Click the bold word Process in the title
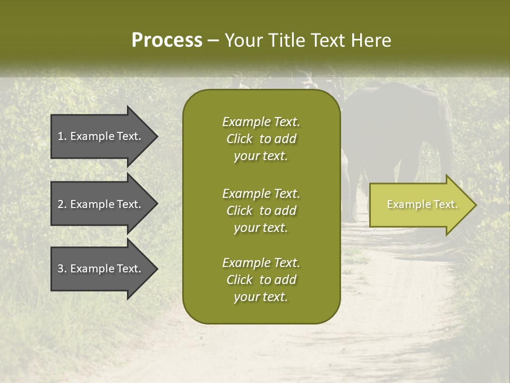[167, 40]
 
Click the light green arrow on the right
[420, 205]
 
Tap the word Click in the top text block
[240, 139]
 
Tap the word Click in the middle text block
[240, 211]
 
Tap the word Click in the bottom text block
[240, 280]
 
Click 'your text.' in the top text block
[261, 156]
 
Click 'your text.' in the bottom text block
[261, 297]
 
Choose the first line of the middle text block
[261, 193]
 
